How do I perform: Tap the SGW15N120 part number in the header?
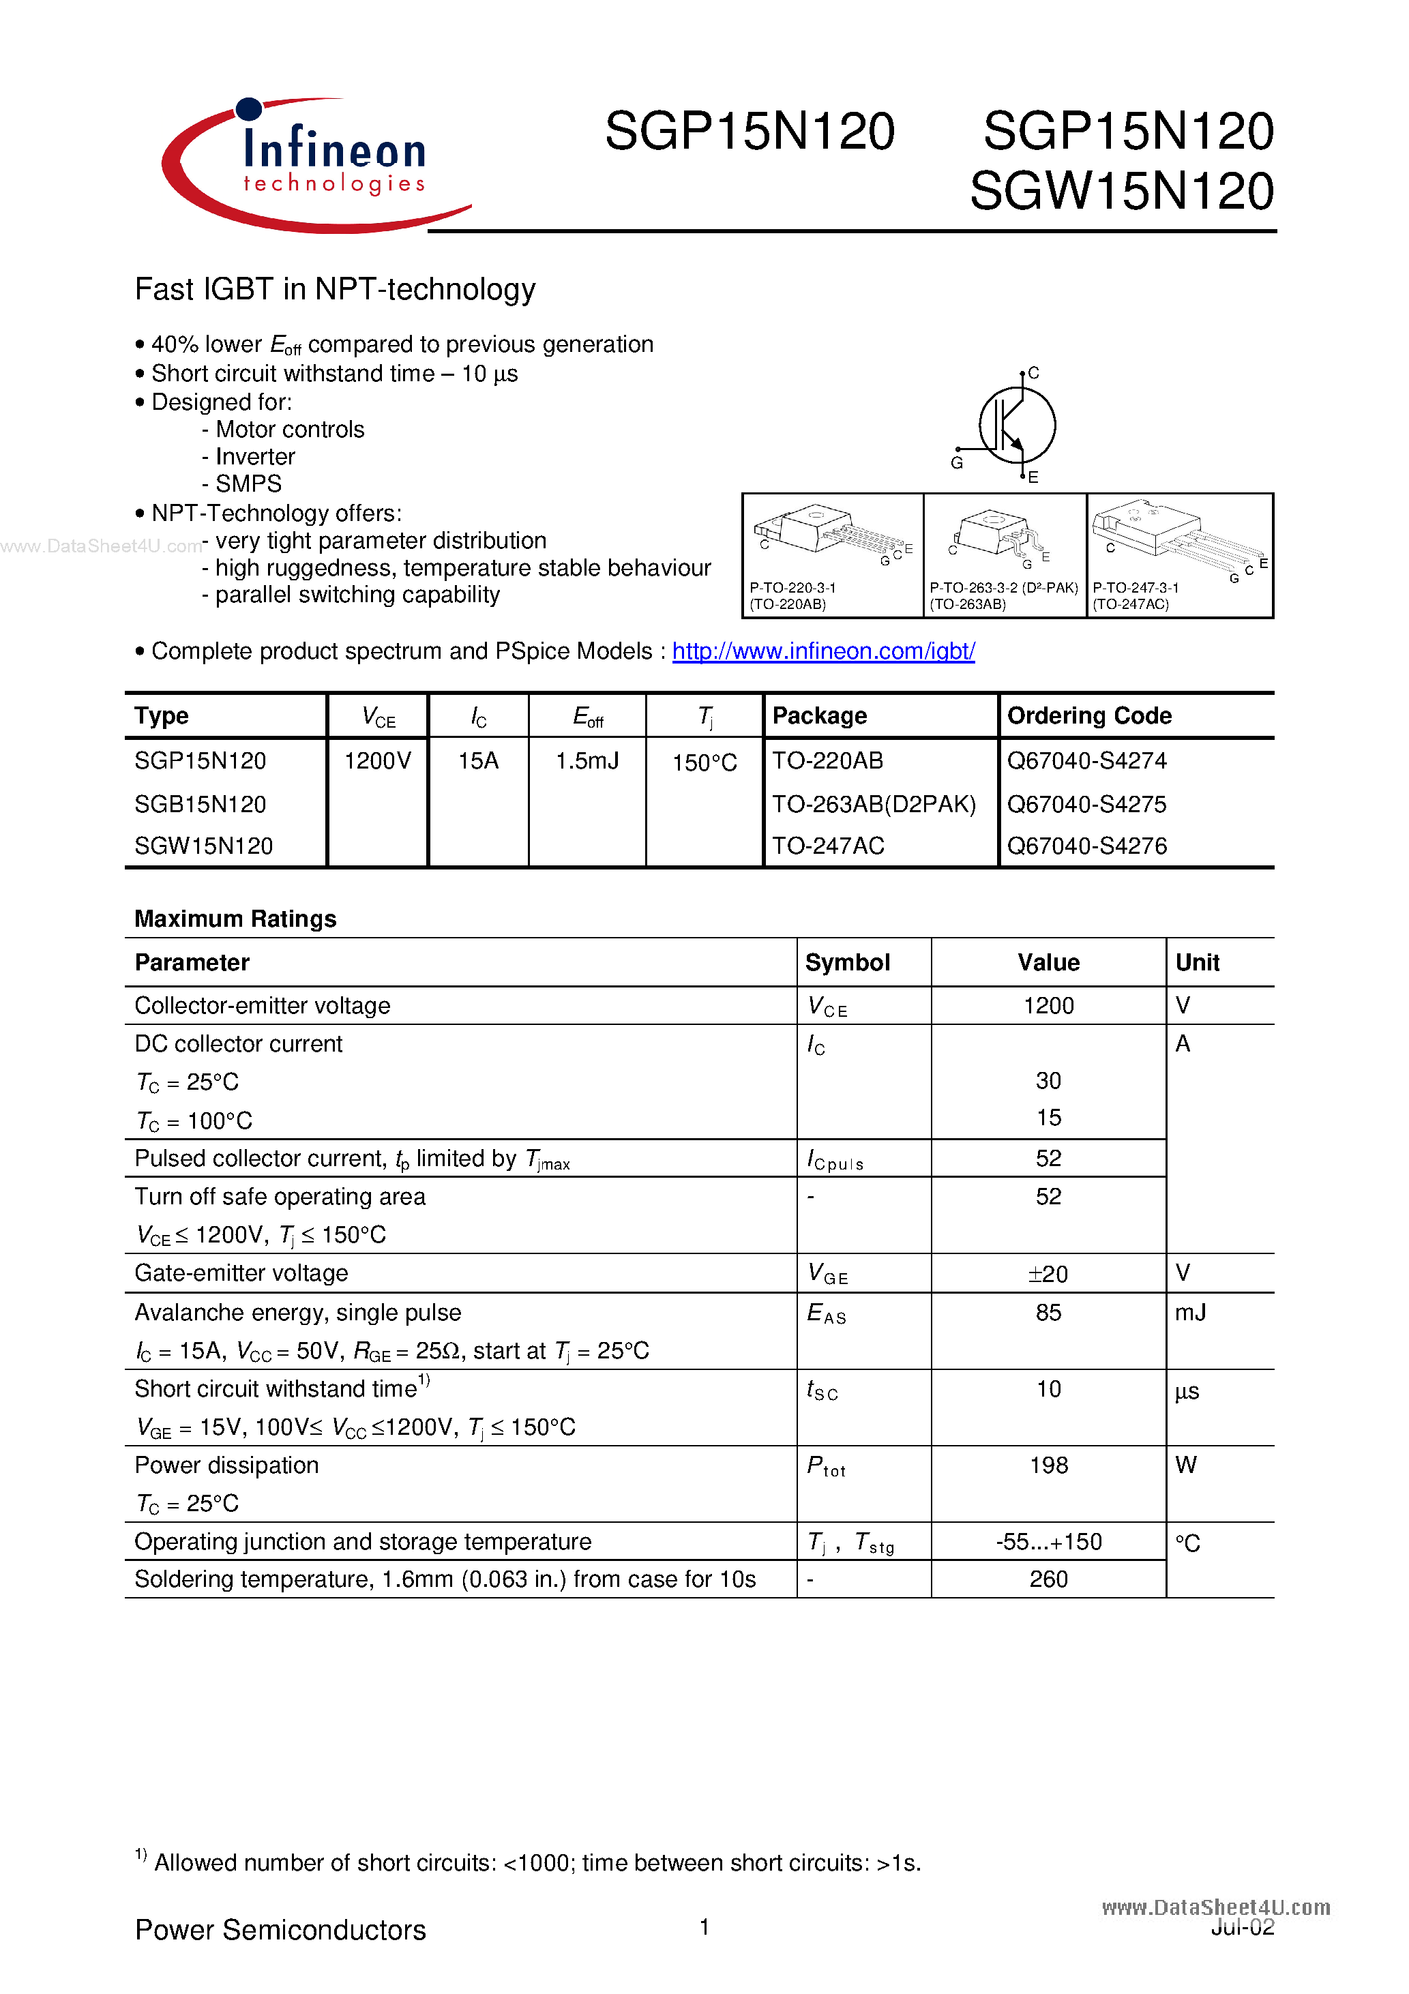pyautogui.click(x=1121, y=191)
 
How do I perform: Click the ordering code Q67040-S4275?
pyautogui.click(x=1086, y=804)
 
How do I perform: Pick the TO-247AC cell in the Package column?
pyautogui.click(x=828, y=846)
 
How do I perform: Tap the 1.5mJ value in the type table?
pyautogui.click(x=587, y=762)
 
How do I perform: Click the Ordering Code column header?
pyautogui.click(x=1088, y=715)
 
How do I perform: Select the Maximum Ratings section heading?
pyautogui.click(x=235, y=919)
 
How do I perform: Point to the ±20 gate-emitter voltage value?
pyautogui.click(x=1048, y=1274)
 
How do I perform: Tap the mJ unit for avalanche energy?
pyautogui.click(x=1189, y=1312)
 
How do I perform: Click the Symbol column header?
pyautogui.click(x=847, y=962)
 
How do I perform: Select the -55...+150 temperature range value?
pyautogui.click(x=1048, y=1541)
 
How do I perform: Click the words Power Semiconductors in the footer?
pyautogui.click(x=280, y=1930)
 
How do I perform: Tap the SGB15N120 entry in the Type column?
pyautogui.click(x=200, y=804)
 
